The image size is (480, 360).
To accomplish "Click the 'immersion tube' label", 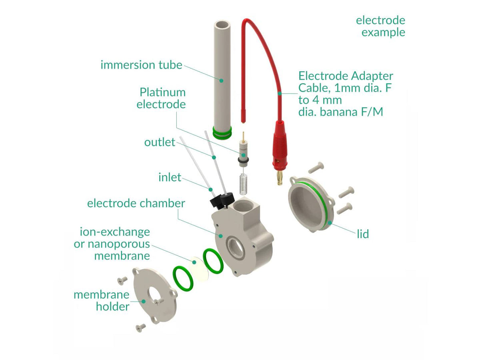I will tap(141, 65).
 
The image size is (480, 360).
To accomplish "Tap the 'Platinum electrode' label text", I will tap(162, 98).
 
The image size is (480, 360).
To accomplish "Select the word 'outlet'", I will tap(160, 142).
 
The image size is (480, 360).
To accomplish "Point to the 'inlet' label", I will tap(170, 177).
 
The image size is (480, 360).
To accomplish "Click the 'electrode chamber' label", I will tap(136, 203).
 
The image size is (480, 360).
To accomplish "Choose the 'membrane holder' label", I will tap(102, 301).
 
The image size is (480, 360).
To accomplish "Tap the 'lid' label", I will tap(363, 234).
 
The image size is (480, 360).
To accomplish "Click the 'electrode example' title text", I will tap(380, 26).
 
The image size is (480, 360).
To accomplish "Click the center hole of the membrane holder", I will tap(154, 295).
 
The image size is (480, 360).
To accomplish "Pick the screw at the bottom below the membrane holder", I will tap(140, 328).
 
